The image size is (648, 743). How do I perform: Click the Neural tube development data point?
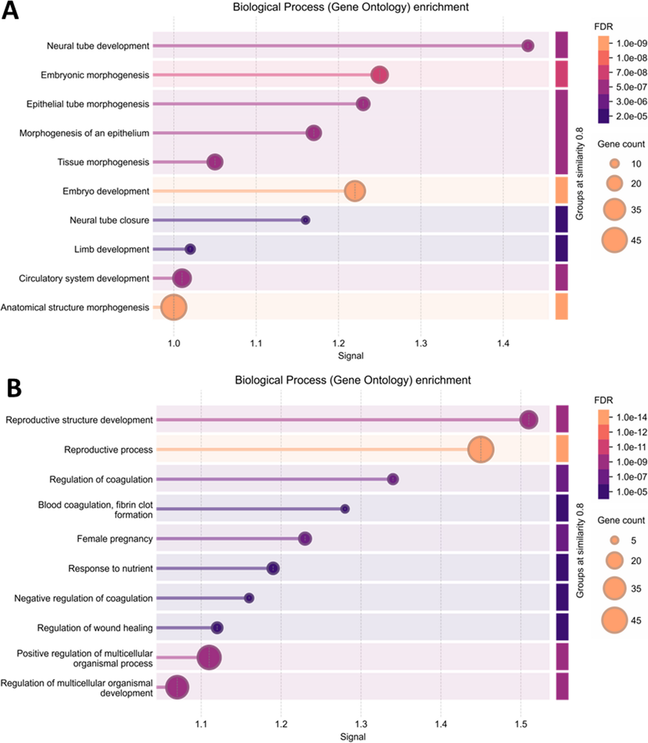(x=528, y=46)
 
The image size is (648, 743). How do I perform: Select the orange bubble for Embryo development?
(x=355, y=191)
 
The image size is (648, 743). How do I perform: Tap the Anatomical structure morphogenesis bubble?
(x=174, y=307)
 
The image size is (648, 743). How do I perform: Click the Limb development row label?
(x=111, y=249)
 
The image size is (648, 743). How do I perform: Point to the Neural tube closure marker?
(x=306, y=220)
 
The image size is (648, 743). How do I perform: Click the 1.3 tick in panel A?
(x=421, y=343)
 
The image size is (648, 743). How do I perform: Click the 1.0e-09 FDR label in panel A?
(x=631, y=44)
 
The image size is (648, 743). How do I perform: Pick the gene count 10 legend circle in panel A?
(x=614, y=164)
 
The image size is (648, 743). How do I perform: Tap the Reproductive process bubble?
(x=480, y=450)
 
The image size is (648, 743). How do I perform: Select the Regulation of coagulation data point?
(x=393, y=479)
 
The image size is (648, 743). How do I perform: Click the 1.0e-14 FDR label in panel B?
(x=631, y=417)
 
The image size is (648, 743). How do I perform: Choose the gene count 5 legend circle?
(x=614, y=540)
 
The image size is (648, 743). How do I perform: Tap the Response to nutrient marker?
(x=273, y=568)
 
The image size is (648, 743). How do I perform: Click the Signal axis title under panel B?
(x=352, y=736)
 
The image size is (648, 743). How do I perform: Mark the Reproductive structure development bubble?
(x=529, y=420)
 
